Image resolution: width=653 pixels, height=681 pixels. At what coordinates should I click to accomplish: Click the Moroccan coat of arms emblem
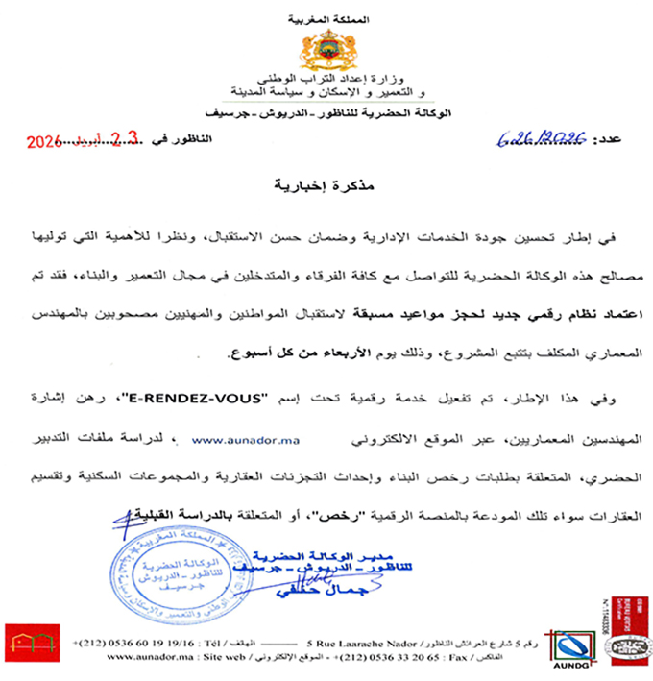328,48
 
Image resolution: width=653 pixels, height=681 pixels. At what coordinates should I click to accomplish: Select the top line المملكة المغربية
329,19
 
